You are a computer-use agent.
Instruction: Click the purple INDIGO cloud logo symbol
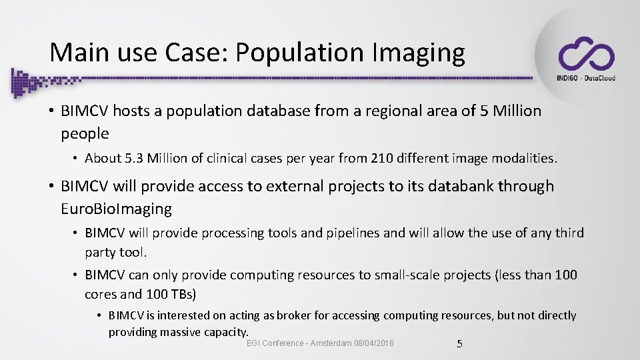(x=586, y=54)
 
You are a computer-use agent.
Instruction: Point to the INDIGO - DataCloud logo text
(x=585, y=78)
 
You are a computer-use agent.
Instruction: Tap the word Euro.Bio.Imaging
(x=116, y=209)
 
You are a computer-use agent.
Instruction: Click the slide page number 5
(x=459, y=344)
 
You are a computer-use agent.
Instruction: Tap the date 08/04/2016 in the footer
(x=373, y=343)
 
